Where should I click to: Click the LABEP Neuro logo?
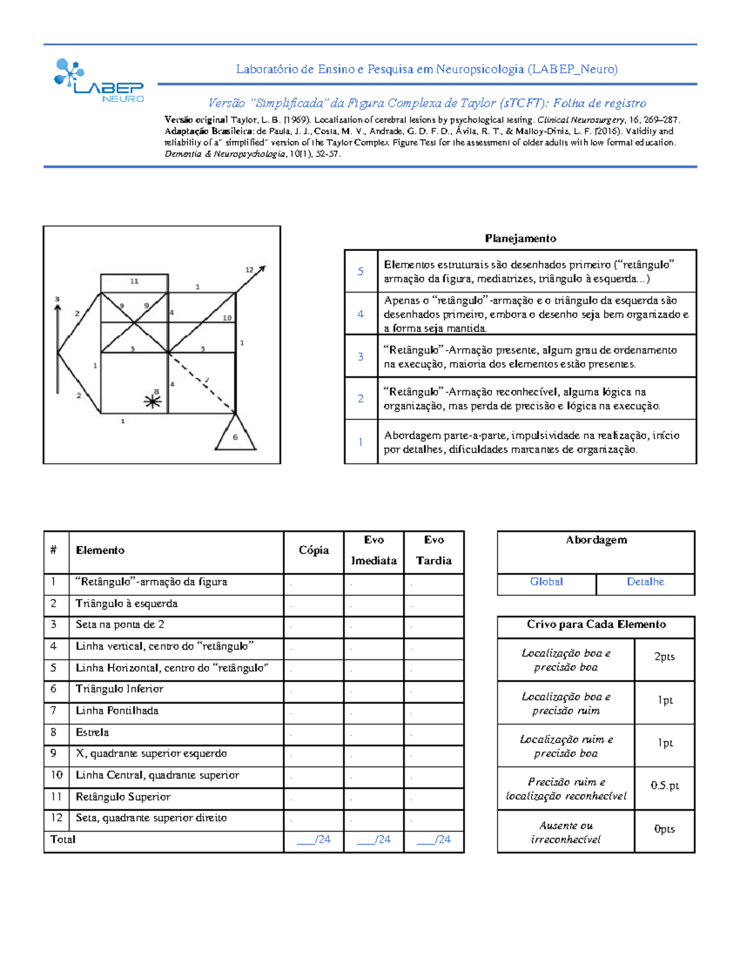(x=99, y=81)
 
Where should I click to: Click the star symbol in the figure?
(x=152, y=402)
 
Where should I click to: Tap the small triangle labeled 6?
(x=235, y=434)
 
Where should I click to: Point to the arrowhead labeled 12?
(x=261, y=269)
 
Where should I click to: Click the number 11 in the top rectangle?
(x=134, y=281)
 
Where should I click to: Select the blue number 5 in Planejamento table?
(x=361, y=271)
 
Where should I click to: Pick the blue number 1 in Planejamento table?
(x=361, y=442)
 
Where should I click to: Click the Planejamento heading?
(x=520, y=238)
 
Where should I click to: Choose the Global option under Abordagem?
(x=546, y=582)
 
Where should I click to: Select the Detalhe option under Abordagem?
(x=645, y=582)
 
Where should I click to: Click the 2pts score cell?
(x=664, y=657)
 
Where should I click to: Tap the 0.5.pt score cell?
(x=664, y=785)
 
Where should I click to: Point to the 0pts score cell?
(x=664, y=829)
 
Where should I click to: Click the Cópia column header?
(x=313, y=550)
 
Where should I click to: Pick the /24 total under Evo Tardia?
(x=434, y=840)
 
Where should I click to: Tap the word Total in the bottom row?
(x=63, y=840)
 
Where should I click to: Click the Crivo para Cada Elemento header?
(x=596, y=624)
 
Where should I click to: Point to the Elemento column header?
(x=100, y=550)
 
